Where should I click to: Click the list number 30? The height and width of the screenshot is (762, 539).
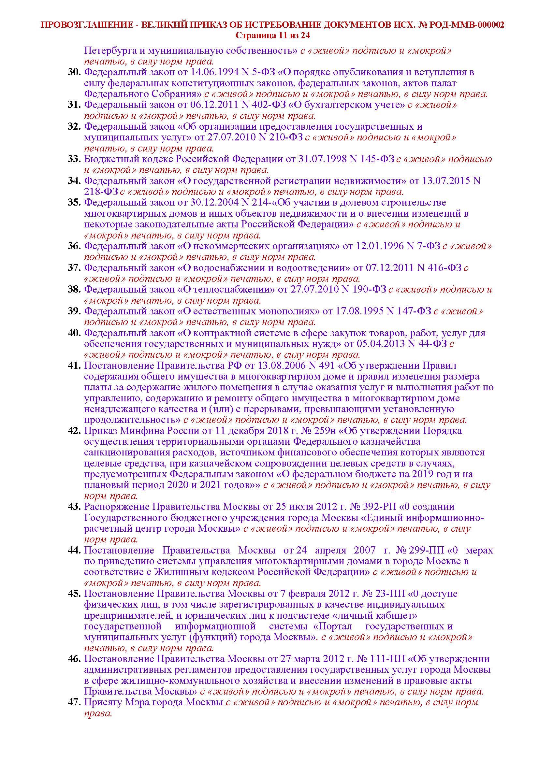click(74, 72)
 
